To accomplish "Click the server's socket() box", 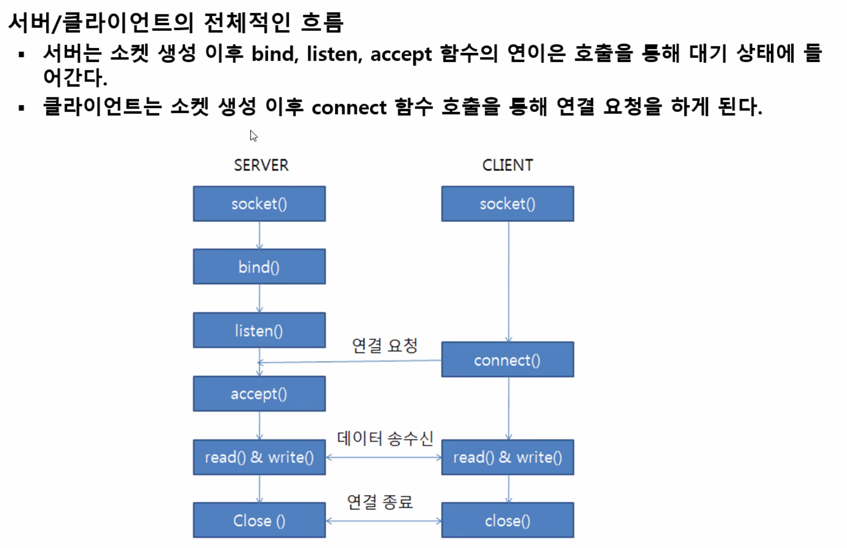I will tap(259, 204).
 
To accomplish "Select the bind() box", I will tap(259, 267).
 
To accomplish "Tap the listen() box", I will tap(259, 330).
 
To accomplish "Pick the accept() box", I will tap(259, 394).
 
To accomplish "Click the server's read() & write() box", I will tap(259, 457).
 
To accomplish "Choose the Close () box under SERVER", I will tap(259, 520).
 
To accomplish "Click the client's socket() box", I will tap(507, 204).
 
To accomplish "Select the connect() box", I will tap(507, 360).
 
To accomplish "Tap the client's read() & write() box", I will tap(507, 457).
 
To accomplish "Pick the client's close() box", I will tap(507, 520).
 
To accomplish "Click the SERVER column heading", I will tap(261, 165).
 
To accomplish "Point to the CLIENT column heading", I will tap(507, 165).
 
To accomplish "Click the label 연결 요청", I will tap(385, 345).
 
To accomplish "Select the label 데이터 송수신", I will tap(385, 438).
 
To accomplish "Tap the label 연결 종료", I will tap(380, 501).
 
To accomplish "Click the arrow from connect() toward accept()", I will tap(350, 361).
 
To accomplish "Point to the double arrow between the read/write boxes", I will tap(383, 458).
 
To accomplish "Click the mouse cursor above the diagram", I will tap(253, 135).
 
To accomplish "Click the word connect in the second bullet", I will tap(349, 108).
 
